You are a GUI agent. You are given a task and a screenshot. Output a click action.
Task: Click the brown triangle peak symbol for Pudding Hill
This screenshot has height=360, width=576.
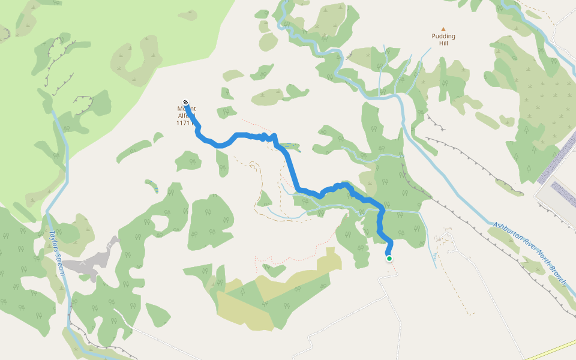[443, 29]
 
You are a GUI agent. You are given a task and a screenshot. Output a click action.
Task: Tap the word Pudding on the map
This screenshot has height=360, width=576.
[443, 36]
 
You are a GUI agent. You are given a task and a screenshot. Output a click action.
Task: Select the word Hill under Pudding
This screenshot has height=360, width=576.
[443, 43]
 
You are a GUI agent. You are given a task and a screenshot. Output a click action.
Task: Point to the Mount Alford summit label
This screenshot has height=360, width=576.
[187, 112]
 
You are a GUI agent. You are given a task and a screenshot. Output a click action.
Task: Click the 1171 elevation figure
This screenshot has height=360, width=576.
[182, 123]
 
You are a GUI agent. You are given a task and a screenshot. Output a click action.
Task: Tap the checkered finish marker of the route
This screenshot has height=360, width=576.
[185, 102]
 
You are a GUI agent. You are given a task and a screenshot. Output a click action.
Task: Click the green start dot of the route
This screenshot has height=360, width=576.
[389, 259]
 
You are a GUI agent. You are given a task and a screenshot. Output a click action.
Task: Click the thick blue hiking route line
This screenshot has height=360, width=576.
[292, 171]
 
